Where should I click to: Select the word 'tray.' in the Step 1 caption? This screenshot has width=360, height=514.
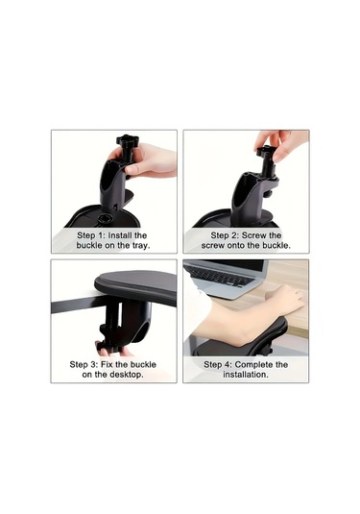(x=136, y=245)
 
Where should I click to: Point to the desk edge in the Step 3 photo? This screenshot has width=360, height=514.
(x=72, y=305)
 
